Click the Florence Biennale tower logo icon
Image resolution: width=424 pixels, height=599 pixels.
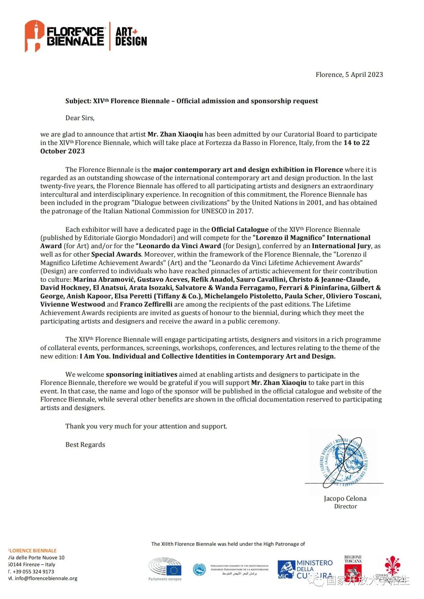tap(34, 36)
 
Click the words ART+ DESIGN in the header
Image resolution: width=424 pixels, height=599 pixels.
tap(131, 36)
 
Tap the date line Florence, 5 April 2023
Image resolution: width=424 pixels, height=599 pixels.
tap(349, 74)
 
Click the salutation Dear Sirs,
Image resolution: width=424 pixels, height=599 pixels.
tap(80, 118)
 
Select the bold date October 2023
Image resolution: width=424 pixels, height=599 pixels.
tap(62, 151)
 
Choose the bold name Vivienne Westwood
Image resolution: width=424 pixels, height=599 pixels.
tap(73, 305)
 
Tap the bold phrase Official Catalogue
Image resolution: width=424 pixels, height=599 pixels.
tap(240, 230)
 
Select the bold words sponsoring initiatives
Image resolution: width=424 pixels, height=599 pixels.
tap(141, 375)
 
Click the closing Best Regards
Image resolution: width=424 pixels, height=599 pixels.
tap(85, 445)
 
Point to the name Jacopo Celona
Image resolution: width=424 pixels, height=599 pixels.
tap(345, 499)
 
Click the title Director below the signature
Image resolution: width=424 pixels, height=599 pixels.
tap(345, 506)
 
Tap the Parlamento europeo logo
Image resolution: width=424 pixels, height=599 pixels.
tap(165, 569)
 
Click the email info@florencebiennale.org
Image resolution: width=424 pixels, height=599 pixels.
tap(46, 579)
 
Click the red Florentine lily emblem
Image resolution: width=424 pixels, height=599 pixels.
tap(391, 566)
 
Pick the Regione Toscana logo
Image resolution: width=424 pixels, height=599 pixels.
tap(353, 565)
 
